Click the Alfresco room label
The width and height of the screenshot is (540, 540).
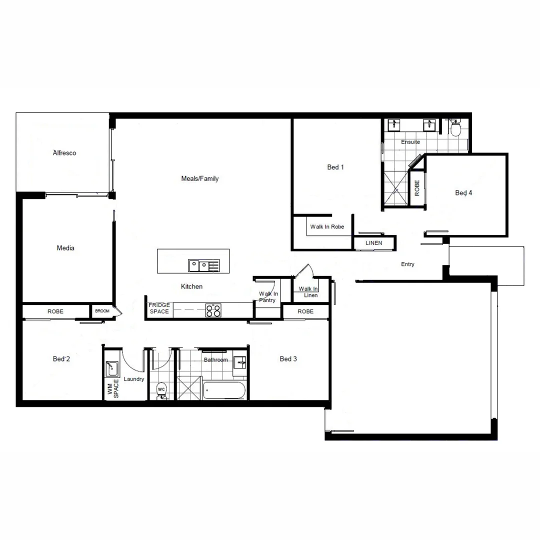pos(64,153)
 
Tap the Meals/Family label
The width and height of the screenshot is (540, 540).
pos(199,178)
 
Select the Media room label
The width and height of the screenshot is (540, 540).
pos(65,248)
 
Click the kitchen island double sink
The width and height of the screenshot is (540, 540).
pos(198,265)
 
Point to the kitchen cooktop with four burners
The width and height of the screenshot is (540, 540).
pos(213,310)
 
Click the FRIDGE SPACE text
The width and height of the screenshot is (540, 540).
pos(159,308)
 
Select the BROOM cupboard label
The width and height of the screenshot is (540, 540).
pos(102,310)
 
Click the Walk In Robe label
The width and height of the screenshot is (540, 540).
pos(327,227)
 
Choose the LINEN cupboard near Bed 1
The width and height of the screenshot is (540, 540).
pos(374,243)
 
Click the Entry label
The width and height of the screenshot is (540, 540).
pos(407,264)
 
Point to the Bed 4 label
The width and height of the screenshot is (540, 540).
pos(463,193)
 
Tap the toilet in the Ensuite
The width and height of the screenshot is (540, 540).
pos(455,129)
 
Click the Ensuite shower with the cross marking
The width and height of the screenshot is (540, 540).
pos(395,189)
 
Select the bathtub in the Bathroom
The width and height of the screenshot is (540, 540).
pos(224,390)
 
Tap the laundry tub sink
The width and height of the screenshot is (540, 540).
pos(111,368)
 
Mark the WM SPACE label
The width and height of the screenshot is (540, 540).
pos(113,388)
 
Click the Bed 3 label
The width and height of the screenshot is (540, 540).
pos(288,359)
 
